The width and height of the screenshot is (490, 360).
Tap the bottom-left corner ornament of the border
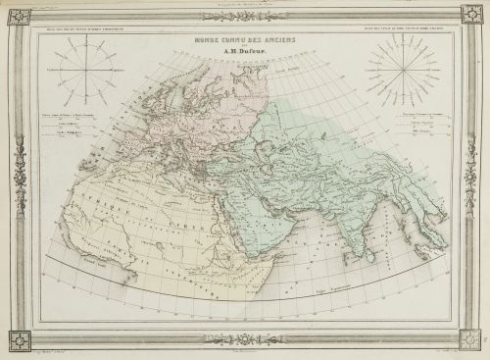click(x=18, y=340)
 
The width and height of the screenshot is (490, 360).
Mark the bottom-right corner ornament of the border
click(x=472, y=340)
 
